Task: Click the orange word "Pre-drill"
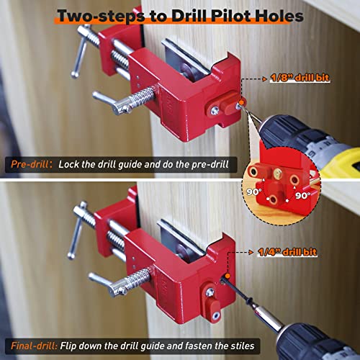click(30, 164)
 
